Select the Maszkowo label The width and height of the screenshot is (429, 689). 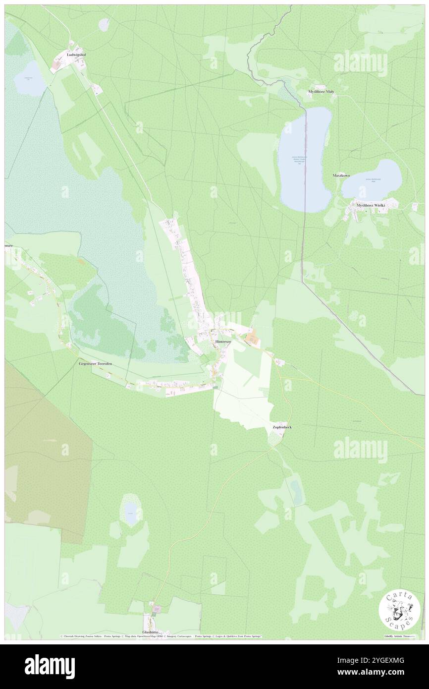pyautogui.click(x=342, y=176)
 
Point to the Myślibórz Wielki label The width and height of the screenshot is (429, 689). pyautogui.click(x=371, y=205)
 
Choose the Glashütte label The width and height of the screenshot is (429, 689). pyautogui.click(x=152, y=632)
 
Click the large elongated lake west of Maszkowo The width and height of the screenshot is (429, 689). pyautogui.click(x=304, y=159)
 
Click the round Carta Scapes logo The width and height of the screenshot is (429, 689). pyautogui.click(x=399, y=612)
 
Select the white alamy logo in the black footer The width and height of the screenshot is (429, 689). pyautogui.click(x=50, y=666)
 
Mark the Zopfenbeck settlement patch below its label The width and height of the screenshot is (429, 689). pyautogui.click(x=274, y=437)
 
